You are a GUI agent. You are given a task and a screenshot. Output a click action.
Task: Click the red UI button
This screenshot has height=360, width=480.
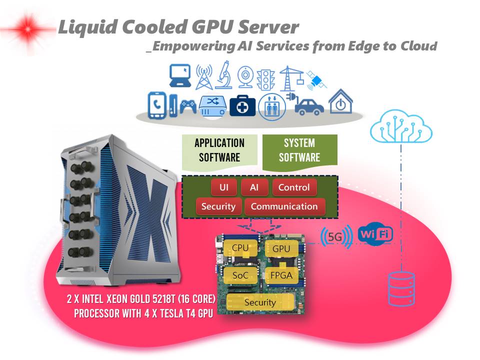tap(224, 187)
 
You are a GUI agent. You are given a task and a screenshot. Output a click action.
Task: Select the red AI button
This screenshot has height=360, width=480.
tap(254, 187)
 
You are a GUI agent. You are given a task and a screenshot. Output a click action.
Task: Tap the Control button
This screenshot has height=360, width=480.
tap(294, 187)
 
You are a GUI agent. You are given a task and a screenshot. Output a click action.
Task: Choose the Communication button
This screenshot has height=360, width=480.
tap(284, 206)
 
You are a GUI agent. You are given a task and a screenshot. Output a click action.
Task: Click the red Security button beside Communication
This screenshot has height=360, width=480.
tap(218, 206)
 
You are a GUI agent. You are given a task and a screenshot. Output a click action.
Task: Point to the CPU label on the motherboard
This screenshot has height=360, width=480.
tap(240, 247)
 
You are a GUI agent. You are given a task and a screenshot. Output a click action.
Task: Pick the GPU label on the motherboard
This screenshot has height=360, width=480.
tap(281, 248)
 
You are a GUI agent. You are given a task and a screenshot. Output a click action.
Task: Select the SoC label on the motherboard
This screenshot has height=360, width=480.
tap(240, 274)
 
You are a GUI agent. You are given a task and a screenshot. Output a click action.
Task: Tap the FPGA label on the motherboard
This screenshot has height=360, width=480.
tap(281, 275)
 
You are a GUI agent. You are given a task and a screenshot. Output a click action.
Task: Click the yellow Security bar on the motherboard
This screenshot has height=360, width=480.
tap(260, 302)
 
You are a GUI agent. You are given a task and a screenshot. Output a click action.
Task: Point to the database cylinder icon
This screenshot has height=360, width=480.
tap(400, 289)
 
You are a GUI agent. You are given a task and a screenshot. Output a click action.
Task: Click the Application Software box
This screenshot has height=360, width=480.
tap(219, 150)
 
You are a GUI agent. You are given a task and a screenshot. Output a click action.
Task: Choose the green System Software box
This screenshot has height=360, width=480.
tap(299, 150)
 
